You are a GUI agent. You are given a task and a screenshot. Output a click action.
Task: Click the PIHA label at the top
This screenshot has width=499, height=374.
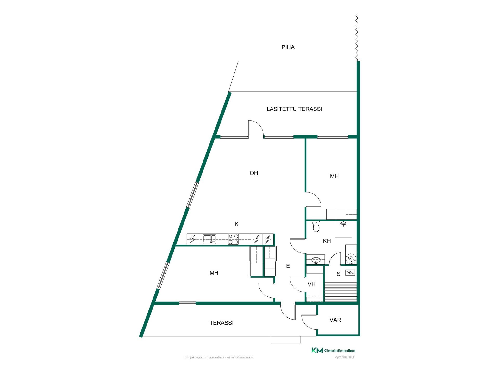pyautogui.click(x=288, y=47)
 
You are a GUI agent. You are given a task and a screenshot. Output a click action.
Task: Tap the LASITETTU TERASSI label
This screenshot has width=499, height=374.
pyautogui.click(x=294, y=109)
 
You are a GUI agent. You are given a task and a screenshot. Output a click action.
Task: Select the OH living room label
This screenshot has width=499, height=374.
pyautogui.click(x=254, y=173)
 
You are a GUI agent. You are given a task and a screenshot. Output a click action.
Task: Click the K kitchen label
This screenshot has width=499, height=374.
pyautogui.click(x=237, y=224)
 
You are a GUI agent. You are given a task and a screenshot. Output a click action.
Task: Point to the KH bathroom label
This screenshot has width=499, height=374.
pyautogui.click(x=327, y=241)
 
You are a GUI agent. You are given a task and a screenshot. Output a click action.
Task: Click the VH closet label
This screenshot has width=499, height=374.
pyautogui.click(x=311, y=284)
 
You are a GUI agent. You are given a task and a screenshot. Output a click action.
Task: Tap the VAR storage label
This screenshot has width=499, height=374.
pyautogui.click(x=335, y=320)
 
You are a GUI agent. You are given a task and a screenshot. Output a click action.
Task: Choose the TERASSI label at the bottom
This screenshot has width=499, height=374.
pyautogui.click(x=221, y=323)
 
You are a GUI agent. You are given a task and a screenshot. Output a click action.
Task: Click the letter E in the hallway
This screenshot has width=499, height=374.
pyautogui.click(x=288, y=266)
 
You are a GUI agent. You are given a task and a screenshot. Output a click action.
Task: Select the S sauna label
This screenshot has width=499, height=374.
pyautogui.click(x=338, y=274)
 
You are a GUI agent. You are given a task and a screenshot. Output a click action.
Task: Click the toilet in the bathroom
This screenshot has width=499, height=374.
pyautogui.click(x=316, y=226)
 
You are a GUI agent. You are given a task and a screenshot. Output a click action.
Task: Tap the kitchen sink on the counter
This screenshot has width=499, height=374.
pyautogui.click(x=209, y=239)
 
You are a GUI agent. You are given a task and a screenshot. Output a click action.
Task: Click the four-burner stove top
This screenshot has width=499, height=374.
pyautogui.click(x=233, y=239)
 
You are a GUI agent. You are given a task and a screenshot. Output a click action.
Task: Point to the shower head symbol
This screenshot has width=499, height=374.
pyautogui.click(x=343, y=223)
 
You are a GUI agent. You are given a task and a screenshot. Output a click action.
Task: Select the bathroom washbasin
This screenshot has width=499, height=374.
pyautogui.click(x=316, y=260)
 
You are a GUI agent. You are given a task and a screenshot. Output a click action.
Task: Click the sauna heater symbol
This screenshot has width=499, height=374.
pyautogui.click(x=350, y=273)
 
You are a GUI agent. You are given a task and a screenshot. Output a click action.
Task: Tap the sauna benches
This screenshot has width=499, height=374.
pyautogui.click(x=341, y=292)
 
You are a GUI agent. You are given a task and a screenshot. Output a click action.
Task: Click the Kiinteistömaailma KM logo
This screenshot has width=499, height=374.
pyautogui.click(x=333, y=350)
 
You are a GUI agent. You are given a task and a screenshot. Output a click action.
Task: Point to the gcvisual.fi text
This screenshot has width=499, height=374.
pyautogui.click(x=345, y=357)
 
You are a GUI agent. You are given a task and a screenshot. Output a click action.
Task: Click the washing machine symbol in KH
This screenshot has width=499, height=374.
pyautogui.click(x=351, y=259)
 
